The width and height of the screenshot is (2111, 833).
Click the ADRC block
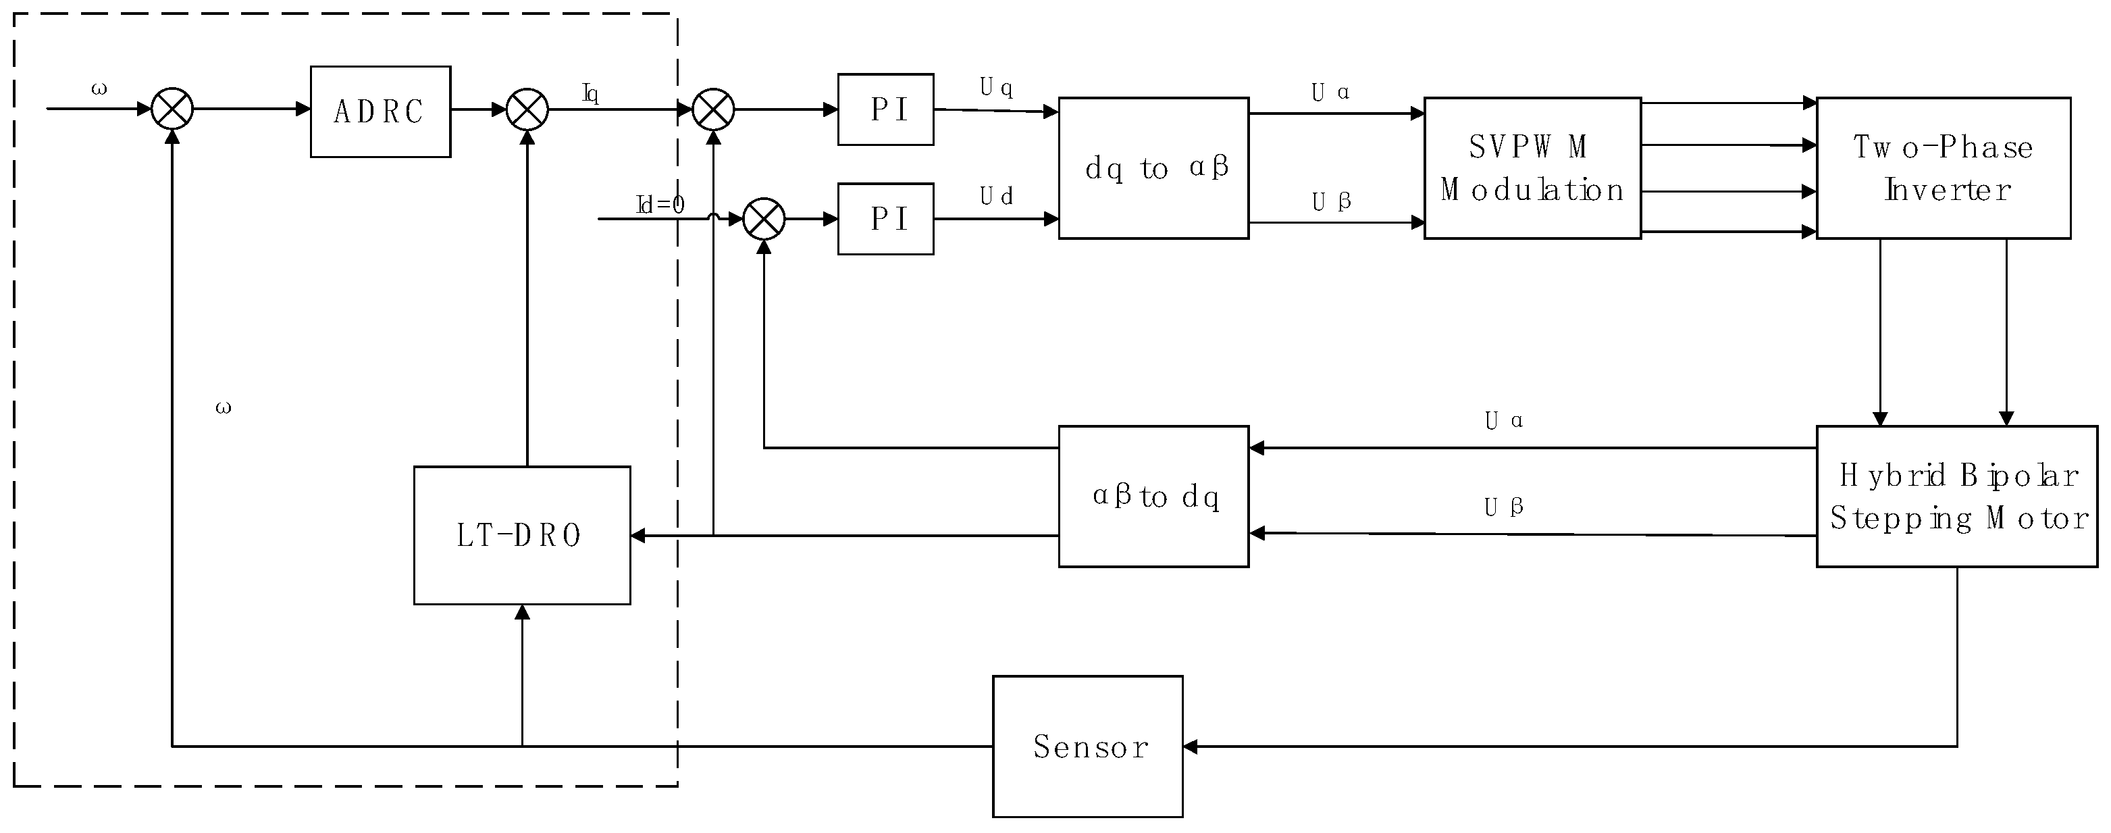coord(380,111)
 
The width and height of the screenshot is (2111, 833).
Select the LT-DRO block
coord(522,535)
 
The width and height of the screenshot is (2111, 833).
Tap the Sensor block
coord(1087,746)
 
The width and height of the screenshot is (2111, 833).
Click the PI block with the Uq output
coord(885,109)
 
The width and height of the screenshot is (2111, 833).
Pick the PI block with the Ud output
coord(885,219)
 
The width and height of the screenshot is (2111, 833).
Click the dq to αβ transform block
coord(1153,168)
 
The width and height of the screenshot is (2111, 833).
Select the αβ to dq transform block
coord(1153,496)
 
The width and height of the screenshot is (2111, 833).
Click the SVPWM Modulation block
coord(1532,168)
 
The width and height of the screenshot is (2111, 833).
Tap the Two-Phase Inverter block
coord(1943,168)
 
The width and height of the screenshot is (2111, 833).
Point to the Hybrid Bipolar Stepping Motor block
coord(1956,496)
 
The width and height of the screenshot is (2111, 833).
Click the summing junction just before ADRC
coord(172,109)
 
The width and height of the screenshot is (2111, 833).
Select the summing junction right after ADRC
coord(527,109)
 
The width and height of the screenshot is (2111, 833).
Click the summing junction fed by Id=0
coord(764,219)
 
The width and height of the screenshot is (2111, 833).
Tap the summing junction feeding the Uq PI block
coord(713,109)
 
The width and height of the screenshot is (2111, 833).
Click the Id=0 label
coord(660,205)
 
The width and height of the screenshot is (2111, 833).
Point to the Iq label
coord(590,93)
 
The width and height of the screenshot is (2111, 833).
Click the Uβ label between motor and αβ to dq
coord(1503,507)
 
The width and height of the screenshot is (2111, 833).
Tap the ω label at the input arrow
coord(99,89)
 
